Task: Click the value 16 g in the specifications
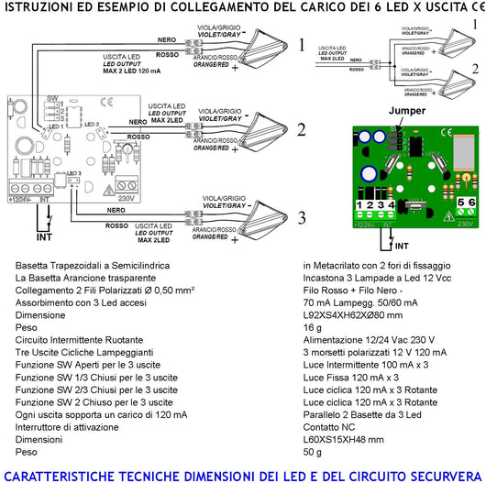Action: point(312,325)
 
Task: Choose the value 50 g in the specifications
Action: point(312,453)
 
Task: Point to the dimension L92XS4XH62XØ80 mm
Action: point(354,313)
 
